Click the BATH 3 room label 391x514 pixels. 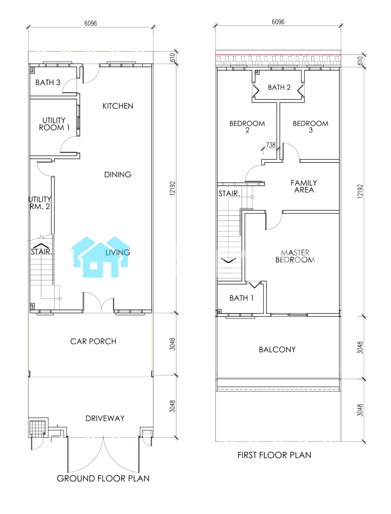(x=48, y=82)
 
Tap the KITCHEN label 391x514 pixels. (x=118, y=106)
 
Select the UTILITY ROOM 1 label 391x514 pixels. (x=54, y=124)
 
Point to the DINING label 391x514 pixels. (x=118, y=175)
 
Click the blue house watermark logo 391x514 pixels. (x=101, y=257)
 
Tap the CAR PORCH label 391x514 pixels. (x=93, y=341)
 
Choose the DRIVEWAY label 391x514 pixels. (x=105, y=419)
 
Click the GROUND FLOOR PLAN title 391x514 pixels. (x=103, y=479)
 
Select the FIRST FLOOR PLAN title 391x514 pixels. (x=274, y=455)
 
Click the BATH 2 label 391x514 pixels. (x=279, y=87)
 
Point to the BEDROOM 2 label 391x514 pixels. (x=247, y=127)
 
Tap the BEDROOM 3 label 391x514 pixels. (x=311, y=127)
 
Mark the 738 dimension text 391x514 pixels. (x=271, y=145)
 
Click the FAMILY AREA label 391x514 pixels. (x=304, y=186)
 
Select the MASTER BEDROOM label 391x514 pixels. (x=295, y=256)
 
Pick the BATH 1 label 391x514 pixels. (x=242, y=298)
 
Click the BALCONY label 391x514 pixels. (x=278, y=350)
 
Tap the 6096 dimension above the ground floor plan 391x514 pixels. (x=91, y=23)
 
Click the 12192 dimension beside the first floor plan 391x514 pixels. (x=360, y=191)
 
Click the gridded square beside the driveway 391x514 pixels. (x=37, y=428)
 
